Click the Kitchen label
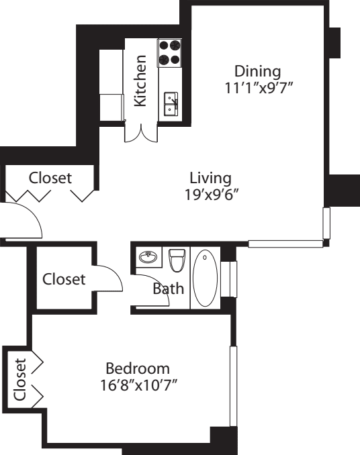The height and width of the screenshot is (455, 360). point(140,81)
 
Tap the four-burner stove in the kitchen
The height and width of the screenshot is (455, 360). point(171,53)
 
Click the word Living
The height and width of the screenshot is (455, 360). point(210,179)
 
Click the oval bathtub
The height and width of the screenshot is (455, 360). point(206,279)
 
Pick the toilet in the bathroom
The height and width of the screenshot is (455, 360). point(177,260)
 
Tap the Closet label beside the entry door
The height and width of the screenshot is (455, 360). point(50,179)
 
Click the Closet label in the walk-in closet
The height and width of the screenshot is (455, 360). point(64,279)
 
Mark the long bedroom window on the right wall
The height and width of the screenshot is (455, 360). point(233,386)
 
